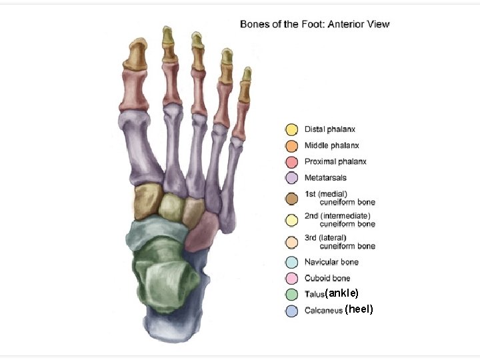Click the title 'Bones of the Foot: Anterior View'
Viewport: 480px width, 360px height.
coord(315,25)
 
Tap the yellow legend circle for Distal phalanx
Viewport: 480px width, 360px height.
coord(291,129)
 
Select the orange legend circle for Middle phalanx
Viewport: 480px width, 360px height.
coord(291,145)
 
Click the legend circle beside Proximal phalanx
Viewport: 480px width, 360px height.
coord(291,162)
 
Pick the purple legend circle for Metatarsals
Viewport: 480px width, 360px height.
coord(291,178)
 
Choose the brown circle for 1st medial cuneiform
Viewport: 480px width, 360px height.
coord(291,198)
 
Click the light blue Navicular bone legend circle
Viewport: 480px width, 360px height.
coord(291,262)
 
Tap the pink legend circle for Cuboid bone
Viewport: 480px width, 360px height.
coord(291,278)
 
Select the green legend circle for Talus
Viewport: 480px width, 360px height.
coord(291,294)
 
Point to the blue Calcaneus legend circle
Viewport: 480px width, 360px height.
coord(291,310)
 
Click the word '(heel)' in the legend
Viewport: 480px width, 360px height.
coord(360,309)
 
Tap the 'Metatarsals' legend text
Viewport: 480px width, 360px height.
coord(325,178)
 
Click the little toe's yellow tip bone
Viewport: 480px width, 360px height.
coord(246,74)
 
